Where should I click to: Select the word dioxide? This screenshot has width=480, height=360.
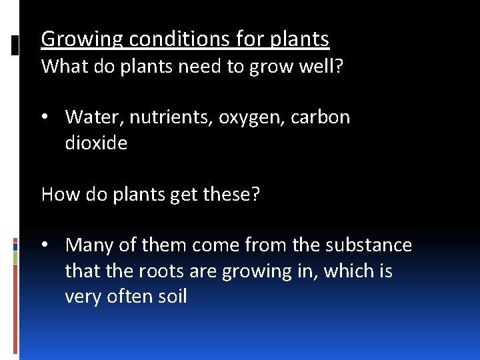(96, 143)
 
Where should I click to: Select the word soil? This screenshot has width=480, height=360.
(172, 297)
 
